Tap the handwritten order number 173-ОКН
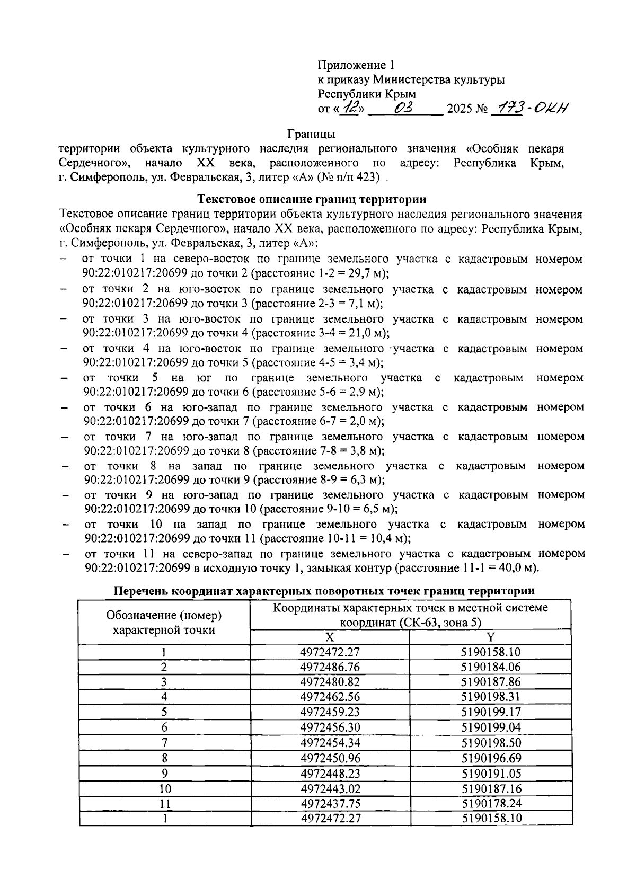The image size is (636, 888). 530,109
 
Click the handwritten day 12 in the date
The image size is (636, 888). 350,108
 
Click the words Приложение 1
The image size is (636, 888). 356,65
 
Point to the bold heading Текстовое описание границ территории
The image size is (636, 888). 312,200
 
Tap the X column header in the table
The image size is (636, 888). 329,637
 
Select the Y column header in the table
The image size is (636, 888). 490,637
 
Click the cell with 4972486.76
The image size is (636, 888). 330,667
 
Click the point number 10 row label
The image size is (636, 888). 165,788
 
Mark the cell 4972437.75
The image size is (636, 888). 330,803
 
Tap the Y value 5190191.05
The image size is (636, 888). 491,773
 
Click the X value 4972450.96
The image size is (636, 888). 330,758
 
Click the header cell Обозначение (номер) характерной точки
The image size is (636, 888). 164,623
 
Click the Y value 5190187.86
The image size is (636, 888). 491,682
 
